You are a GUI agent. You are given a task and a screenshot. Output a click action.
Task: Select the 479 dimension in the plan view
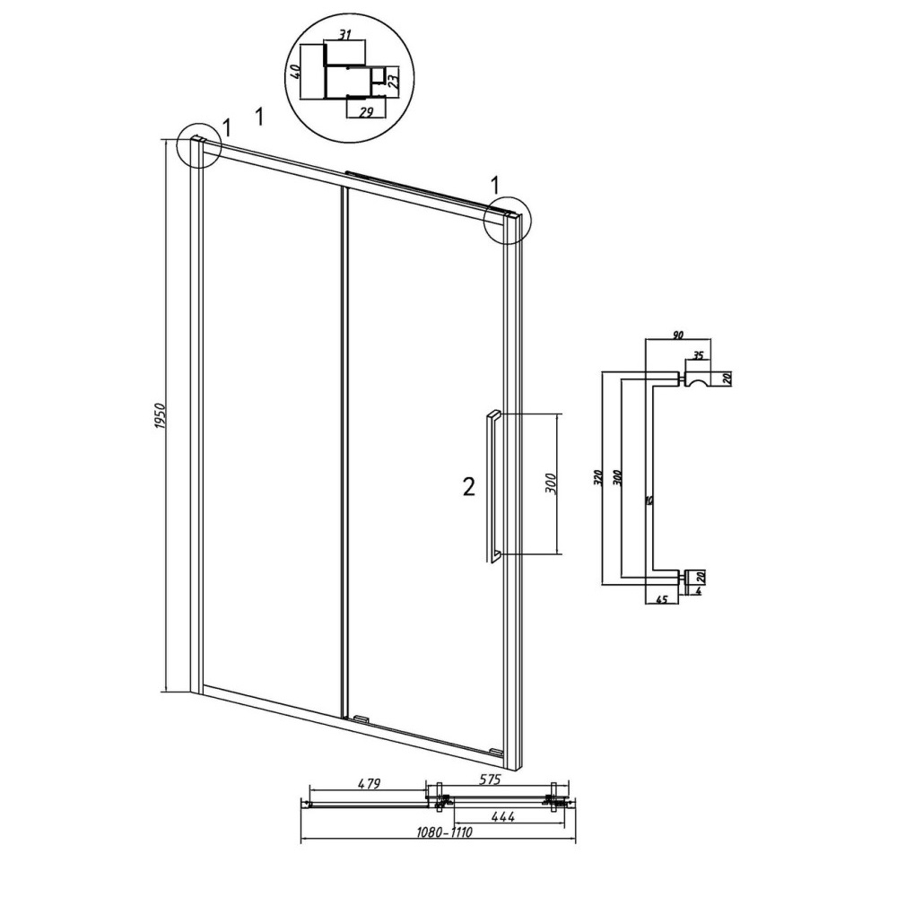click(369, 783)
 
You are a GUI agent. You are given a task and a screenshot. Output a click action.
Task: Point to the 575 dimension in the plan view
click(490, 779)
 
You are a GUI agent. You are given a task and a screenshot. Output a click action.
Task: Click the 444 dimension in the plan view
click(503, 817)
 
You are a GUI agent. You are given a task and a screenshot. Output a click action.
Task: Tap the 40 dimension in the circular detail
click(295, 72)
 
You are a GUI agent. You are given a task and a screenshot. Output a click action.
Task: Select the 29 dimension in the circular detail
click(366, 111)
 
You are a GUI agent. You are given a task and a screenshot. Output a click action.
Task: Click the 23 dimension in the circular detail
click(394, 78)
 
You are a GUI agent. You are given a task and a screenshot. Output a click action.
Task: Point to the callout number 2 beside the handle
click(468, 487)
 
